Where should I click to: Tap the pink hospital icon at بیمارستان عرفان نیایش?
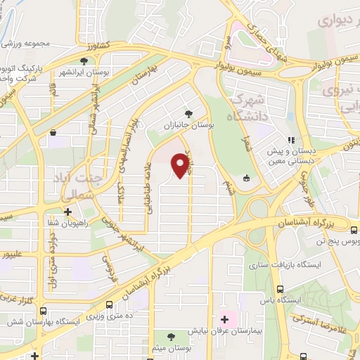click(x=225, y=319)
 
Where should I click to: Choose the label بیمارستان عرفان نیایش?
click(x=224, y=329)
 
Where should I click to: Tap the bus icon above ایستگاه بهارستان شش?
click(x=43, y=311)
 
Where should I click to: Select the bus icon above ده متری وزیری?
click(x=109, y=305)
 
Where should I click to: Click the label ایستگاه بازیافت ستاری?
click(x=280, y=265)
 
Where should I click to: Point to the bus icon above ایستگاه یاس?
click(x=281, y=289)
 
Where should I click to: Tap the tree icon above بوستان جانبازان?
click(x=188, y=113)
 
